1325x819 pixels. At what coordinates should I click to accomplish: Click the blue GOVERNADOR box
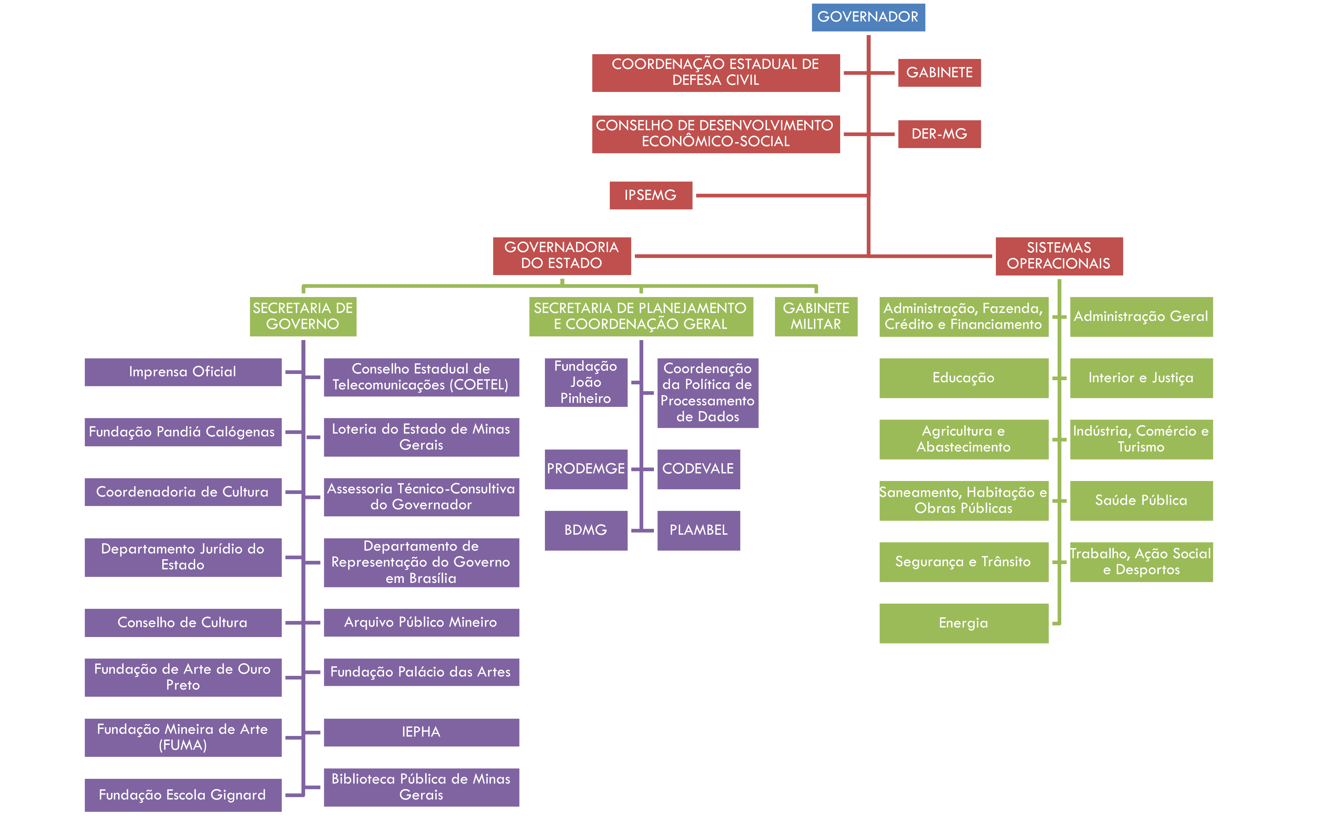coord(868,17)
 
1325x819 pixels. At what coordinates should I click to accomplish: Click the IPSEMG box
coord(650,195)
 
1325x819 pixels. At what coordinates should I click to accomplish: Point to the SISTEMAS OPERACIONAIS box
coord(1059,256)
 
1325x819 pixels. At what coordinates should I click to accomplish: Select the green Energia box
coord(963,623)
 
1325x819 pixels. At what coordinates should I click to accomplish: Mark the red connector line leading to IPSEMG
coord(780,196)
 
